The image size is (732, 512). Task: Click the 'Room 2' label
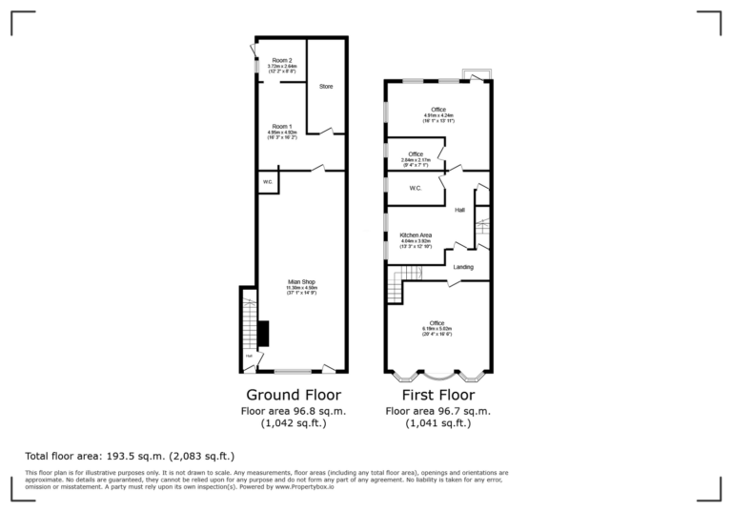(281, 60)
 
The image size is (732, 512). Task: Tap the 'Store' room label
(326, 87)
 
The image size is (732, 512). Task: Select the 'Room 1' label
(281, 126)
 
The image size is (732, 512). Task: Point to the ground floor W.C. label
(268, 181)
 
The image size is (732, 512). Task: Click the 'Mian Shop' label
(302, 281)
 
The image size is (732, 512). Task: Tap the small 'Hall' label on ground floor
(249, 357)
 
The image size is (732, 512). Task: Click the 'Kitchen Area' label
(417, 235)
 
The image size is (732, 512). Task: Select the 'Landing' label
(462, 267)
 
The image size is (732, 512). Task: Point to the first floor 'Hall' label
(459, 210)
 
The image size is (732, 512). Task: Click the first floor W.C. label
(416, 188)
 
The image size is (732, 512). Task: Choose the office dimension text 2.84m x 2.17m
(416, 160)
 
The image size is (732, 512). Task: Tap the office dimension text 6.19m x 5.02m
(437, 329)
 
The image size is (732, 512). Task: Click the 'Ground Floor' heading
(294, 395)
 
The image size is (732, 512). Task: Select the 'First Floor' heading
(438, 395)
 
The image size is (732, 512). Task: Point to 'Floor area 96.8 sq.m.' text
(294, 411)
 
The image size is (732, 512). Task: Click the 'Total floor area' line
(130, 457)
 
